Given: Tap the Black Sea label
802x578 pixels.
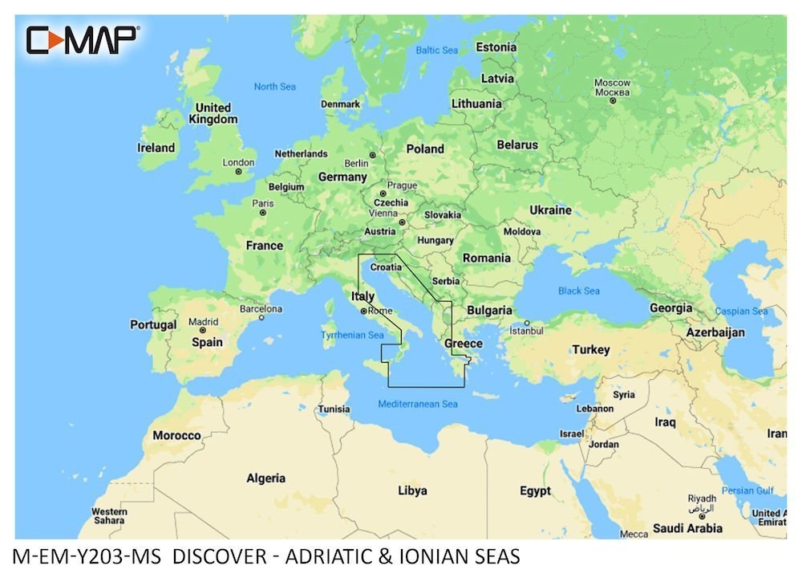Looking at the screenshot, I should click(579, 291).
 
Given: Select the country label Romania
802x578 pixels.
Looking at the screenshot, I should click(486, 258).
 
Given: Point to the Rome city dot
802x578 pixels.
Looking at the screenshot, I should click(363, 311).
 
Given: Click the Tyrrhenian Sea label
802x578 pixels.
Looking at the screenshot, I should click(352, 335).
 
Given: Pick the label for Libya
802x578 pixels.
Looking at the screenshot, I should click(412, 490).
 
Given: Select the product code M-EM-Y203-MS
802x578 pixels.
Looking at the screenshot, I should click(90, 556).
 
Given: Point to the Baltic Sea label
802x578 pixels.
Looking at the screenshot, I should click(436, 51).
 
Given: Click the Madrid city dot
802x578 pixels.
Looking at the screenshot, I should click(203, 329).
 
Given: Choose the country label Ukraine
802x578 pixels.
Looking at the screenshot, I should click(550, 210).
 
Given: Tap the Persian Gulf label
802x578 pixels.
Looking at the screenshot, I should click(747, 490).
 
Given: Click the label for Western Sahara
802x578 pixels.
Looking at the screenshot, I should click(109, 515).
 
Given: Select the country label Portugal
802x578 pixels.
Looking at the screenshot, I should click(153, 325).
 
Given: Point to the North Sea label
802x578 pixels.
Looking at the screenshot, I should click(274, 87).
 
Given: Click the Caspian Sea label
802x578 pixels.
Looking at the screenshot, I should click(741, 311).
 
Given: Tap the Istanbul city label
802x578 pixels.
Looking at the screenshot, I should click(526, 331).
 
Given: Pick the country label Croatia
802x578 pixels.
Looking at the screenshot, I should click(386, 267).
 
